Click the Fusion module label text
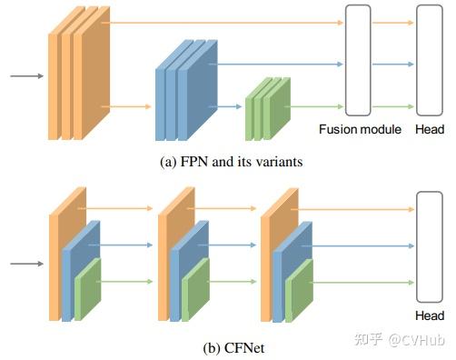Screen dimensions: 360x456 click(360, 129)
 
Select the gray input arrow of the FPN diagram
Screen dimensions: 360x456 click(25, 76)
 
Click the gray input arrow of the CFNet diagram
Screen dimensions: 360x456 click(25, 265)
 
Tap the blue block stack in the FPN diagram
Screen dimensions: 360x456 click(184, 91)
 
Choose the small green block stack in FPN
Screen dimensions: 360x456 click(264, 109)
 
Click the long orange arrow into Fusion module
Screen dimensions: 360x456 click(227, 22)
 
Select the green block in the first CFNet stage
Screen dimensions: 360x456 click(87, 289)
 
